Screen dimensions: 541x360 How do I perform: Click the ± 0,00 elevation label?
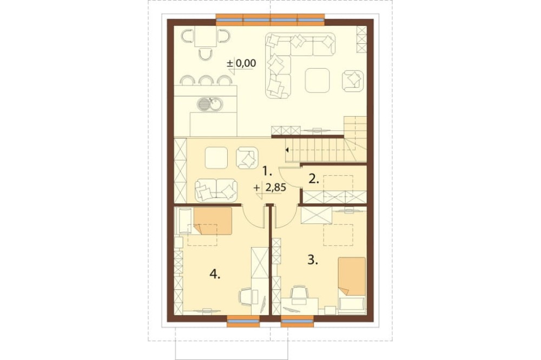241,63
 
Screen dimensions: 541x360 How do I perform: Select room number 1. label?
267,170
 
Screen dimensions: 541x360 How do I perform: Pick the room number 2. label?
313,179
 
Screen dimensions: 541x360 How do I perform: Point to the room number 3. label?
313,260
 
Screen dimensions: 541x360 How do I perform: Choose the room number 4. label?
215,275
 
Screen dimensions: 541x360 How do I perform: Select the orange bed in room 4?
213,221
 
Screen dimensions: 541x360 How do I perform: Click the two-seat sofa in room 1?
216,190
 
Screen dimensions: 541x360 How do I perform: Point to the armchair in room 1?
247,158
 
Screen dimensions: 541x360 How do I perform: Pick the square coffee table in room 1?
216,158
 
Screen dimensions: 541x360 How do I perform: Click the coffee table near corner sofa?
317,81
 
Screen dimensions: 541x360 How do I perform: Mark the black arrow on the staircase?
287,150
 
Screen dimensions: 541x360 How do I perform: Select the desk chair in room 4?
246,297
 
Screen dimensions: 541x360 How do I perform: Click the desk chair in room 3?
299,293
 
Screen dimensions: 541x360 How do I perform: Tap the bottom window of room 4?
243,322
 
